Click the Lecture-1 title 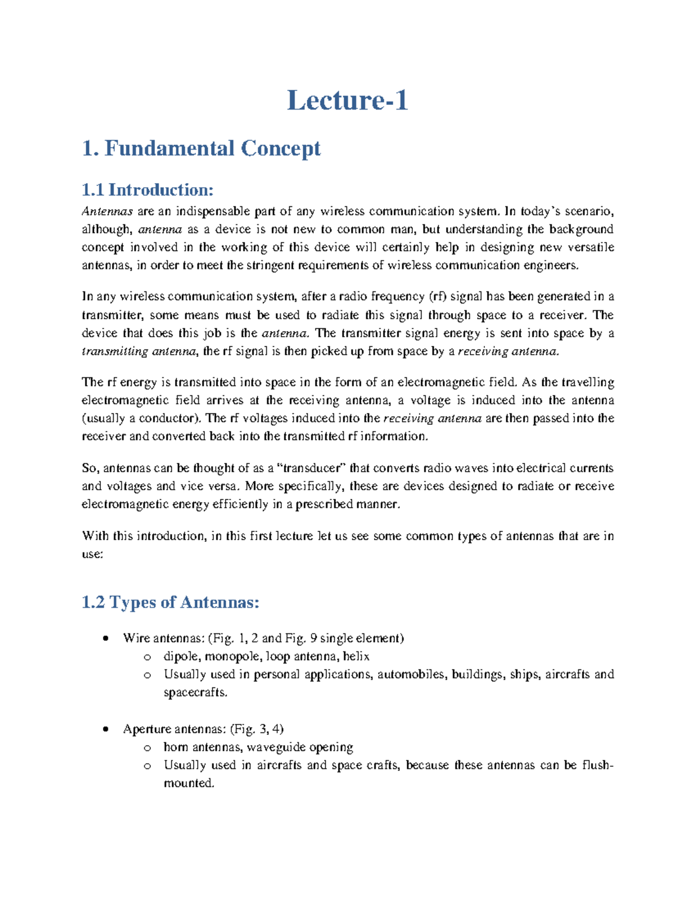click(347, 100)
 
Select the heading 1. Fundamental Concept click(201, 148)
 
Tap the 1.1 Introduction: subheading click(148, 190)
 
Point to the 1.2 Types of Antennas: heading click(171, 602)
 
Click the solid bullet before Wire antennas click(105, 639)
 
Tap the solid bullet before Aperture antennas click(105, 729)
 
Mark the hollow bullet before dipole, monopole click(147, 657)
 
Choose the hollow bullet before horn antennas click(147, 748)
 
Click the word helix click(356, 657)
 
